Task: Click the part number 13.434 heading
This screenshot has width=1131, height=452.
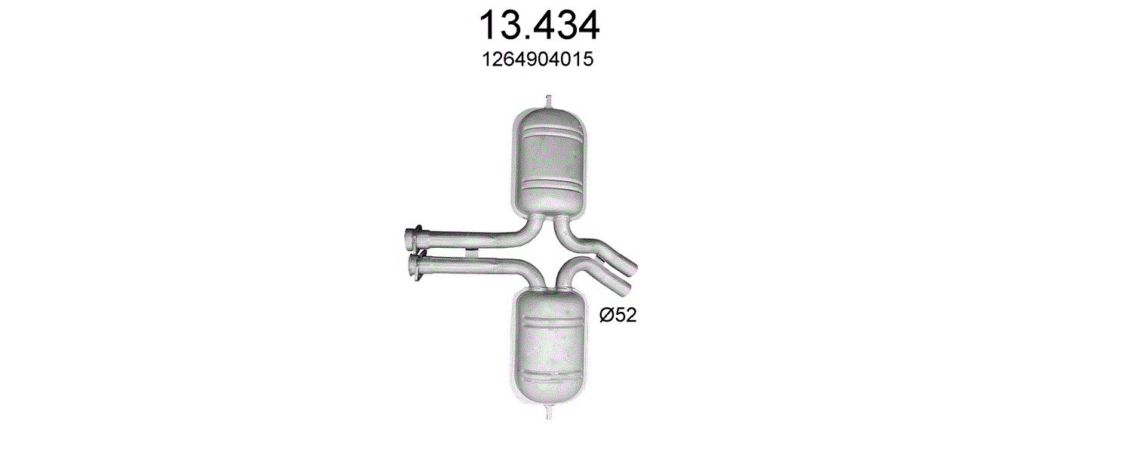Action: point(539,26)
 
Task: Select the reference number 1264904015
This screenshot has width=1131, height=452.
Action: point(538,60)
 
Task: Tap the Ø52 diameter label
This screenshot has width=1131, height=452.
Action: point(618,316)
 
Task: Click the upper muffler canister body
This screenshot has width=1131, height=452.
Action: point(550,161)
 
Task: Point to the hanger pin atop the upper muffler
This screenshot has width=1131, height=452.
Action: point(548,101)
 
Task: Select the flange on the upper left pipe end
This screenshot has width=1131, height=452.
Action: point(413,238)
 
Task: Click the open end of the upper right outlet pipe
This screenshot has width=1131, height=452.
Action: point(632,270)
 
